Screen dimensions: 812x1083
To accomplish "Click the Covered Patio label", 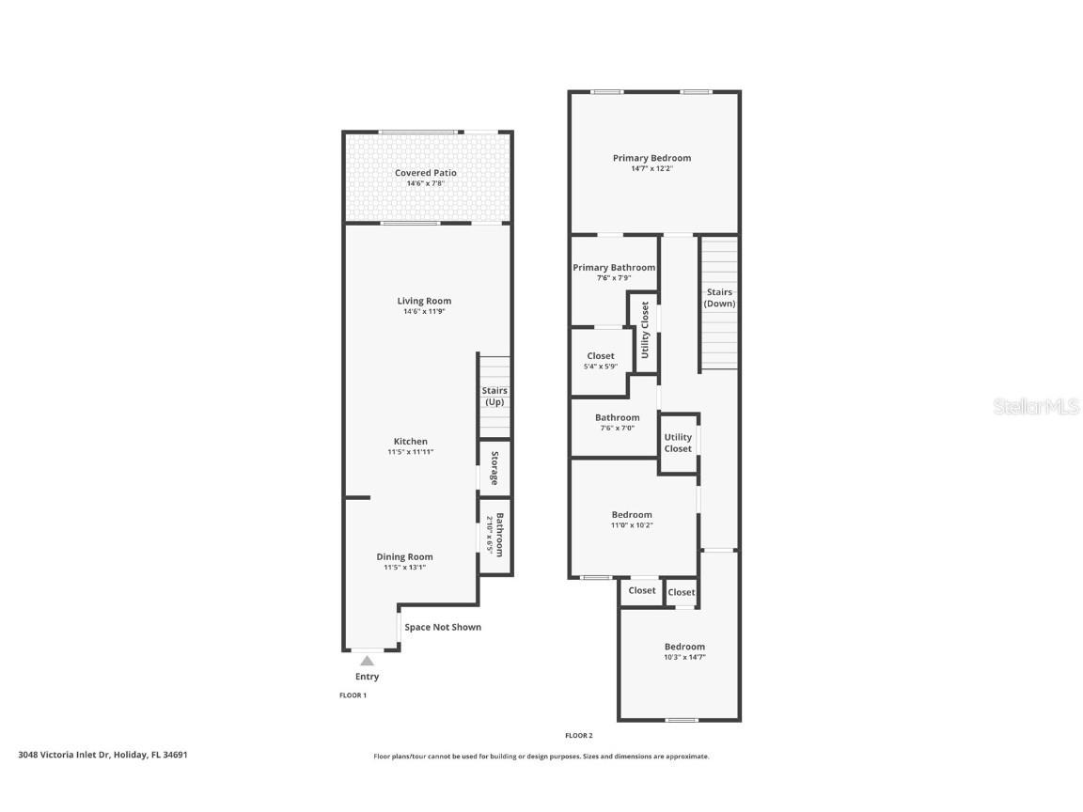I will coord(425,173).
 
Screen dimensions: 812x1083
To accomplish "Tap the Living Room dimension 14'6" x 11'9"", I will coord(424,311).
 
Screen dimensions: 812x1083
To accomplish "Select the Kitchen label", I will coord(410,441).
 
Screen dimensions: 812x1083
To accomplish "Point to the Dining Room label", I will coord(404,556).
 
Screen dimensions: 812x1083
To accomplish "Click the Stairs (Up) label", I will coord(494,396).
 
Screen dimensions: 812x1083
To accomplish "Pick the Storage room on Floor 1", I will coord(494,466).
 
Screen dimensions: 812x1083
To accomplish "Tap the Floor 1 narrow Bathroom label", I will coord(500,535).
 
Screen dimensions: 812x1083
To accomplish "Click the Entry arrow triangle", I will coord(367,661).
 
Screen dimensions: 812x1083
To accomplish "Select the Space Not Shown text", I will coord(442,627).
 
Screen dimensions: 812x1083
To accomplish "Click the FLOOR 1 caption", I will coord(353,695).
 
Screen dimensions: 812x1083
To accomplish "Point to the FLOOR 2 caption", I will coord(578,736).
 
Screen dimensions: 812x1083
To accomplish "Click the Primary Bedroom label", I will coord(651,158).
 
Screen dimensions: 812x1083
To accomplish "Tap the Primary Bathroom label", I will coord(614,268).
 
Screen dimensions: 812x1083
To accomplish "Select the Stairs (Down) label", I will coord(719,298).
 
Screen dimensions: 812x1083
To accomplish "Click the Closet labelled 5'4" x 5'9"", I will coord(601,361).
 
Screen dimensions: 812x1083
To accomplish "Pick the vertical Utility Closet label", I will coord(645,330).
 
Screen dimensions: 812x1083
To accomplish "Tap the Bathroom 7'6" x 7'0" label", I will coord(617,422).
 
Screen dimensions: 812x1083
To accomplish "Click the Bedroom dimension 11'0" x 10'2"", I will coord(631,525).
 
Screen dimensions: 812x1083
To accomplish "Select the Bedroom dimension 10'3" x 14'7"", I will coord(683,657).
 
